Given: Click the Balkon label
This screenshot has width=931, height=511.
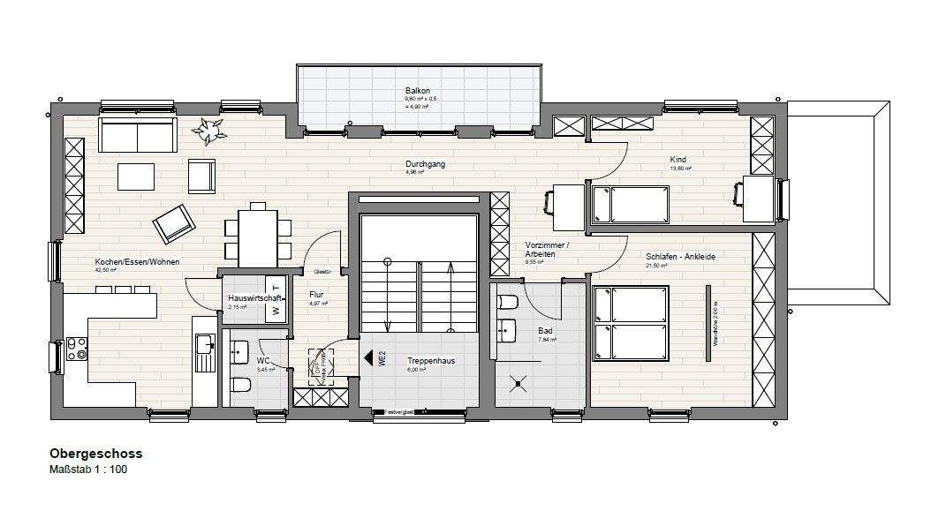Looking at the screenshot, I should point(417,90).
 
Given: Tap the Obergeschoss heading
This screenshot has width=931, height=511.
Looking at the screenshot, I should point(96,454).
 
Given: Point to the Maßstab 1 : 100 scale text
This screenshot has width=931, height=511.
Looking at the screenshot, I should point(88,470).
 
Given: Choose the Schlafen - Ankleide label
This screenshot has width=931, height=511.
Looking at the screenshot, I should point(680,257).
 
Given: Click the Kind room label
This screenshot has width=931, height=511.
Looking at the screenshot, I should point(679,160).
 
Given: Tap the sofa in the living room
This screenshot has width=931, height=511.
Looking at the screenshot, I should point(137,135).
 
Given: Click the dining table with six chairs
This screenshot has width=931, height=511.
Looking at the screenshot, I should point(257,234).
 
